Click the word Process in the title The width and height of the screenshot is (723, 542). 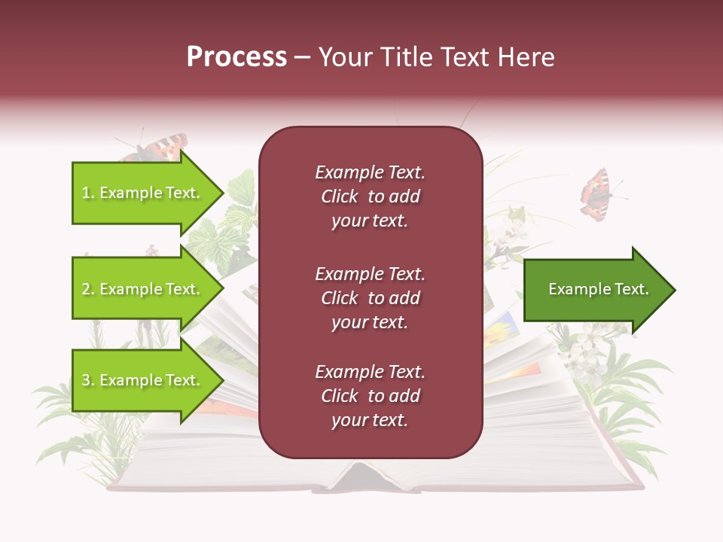click(236, 57)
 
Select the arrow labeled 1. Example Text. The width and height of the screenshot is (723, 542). click(143, 193)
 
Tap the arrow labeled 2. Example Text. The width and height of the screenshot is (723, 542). click(143, 289)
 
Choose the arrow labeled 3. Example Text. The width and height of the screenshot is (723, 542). click(143, 380)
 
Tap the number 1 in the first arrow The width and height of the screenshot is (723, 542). click(86, 193)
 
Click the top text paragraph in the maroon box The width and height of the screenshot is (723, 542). click(370, 196)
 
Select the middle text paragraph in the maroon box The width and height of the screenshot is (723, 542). click(370, 298)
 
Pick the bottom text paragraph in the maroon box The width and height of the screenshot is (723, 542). click(370, 396)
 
